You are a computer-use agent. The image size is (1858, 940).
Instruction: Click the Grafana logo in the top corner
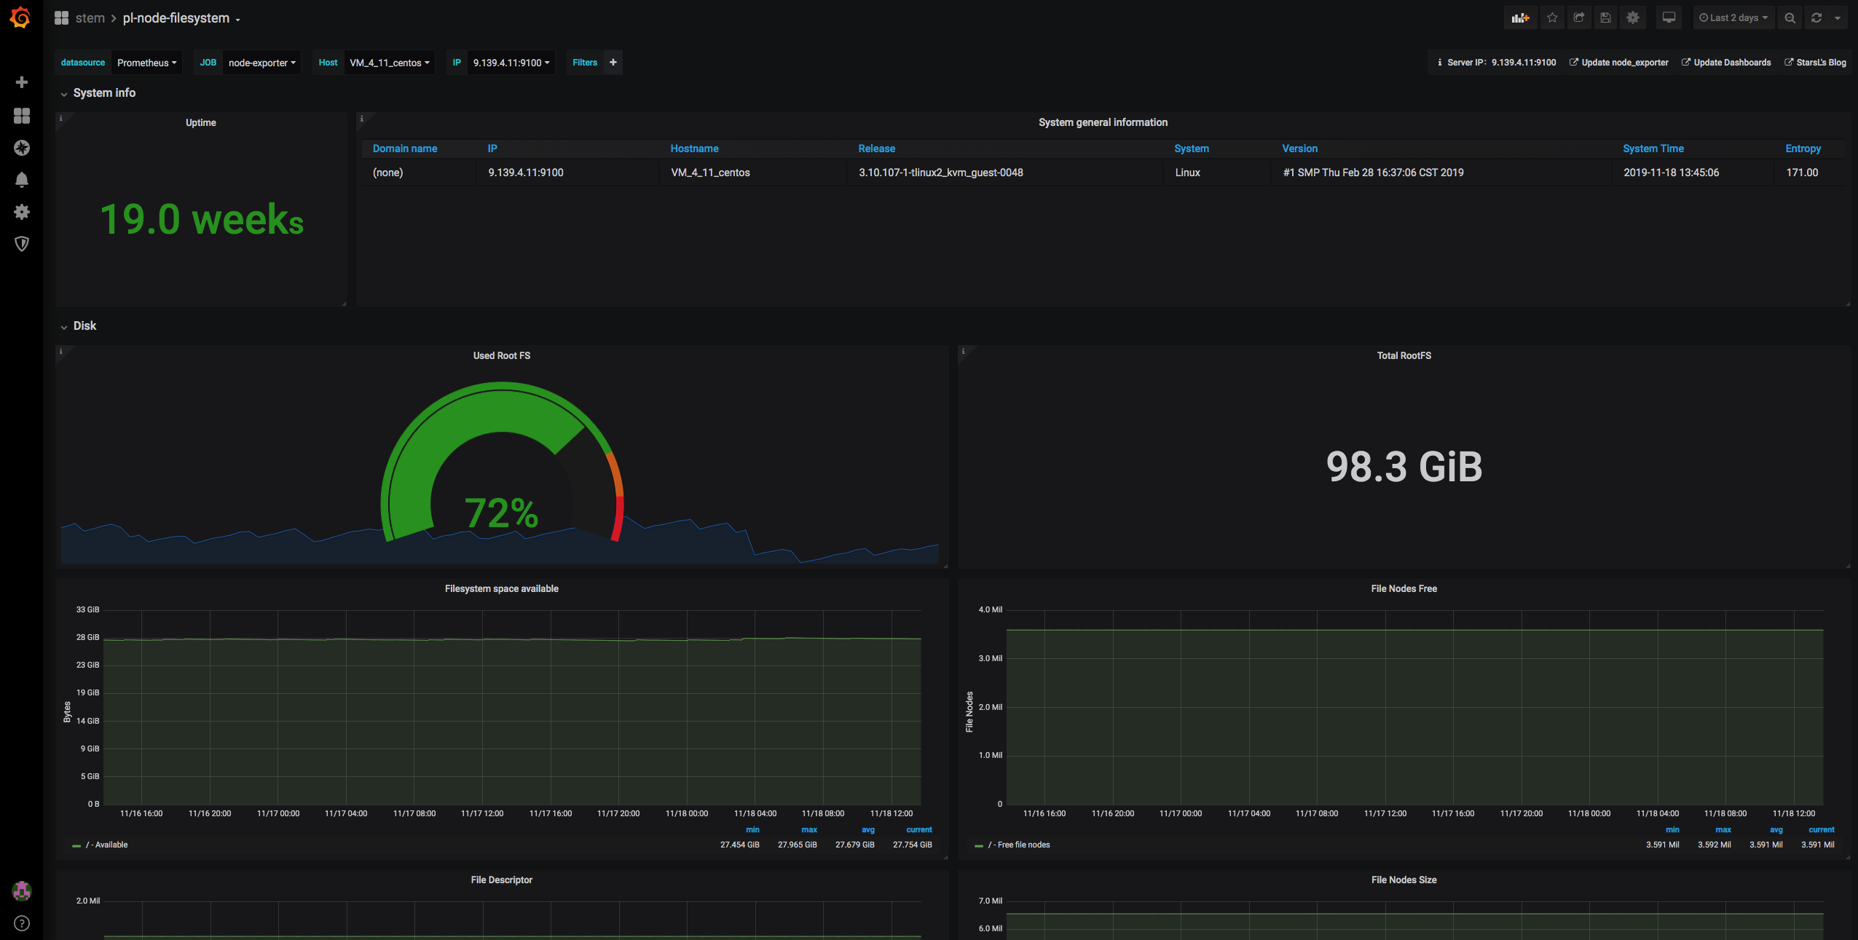click(20, 17)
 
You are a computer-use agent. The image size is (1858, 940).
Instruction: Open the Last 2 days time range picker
click(1733, 18)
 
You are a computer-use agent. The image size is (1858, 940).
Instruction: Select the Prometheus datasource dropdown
click(146, 63)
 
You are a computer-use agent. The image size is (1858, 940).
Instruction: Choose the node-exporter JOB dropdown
click(262, 63)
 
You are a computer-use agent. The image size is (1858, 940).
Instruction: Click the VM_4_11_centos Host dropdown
click(390, 63)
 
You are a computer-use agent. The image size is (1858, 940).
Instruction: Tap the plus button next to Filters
click(613, 63)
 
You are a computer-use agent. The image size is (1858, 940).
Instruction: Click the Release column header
click(876, 149)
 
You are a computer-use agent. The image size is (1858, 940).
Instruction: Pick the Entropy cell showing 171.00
click(1802, 173)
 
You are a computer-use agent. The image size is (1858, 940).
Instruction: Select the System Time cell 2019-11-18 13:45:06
click(1671, 173)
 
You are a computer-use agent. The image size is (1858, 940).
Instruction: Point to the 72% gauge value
click(501, 513)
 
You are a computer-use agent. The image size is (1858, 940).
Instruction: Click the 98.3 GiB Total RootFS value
click(1404, 467)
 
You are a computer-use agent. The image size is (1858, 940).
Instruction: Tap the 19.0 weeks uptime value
click(202, 219)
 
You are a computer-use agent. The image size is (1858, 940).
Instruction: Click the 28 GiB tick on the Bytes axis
click(87, 637)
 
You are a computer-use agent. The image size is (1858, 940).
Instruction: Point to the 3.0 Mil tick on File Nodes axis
click(991, 658)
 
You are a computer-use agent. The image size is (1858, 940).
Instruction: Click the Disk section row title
click(84, 325)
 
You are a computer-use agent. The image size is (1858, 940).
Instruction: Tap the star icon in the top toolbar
click(1552, 18)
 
